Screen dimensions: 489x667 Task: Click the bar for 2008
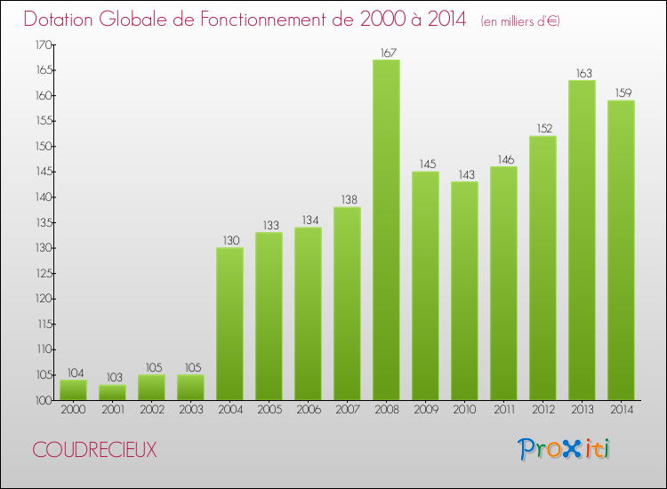[x=386, y=230]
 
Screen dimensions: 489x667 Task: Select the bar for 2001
[x=112, y=392]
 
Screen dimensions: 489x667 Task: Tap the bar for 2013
[x=582, y=240]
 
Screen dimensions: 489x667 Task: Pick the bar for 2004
[x=229, y=324]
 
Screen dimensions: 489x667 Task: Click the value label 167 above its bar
[x=386, y=52]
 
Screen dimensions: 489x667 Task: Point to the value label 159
[x=621, y=93]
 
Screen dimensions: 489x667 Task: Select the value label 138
[x=347, y=200]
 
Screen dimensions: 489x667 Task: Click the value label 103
[x=112, y=378]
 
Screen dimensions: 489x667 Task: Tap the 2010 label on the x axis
[x=464, y=409]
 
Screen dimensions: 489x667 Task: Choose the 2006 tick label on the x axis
[x=308, y=409]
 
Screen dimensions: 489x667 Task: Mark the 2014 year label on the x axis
[x=621, y=409]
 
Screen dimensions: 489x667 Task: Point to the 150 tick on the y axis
[x=43, y=147]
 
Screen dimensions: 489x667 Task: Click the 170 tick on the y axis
[x=43, y=44]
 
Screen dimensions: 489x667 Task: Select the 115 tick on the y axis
[x=43, y=325]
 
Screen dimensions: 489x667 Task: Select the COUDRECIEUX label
[x=95, y=450]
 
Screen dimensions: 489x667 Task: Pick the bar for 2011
[x=503, y=284]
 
